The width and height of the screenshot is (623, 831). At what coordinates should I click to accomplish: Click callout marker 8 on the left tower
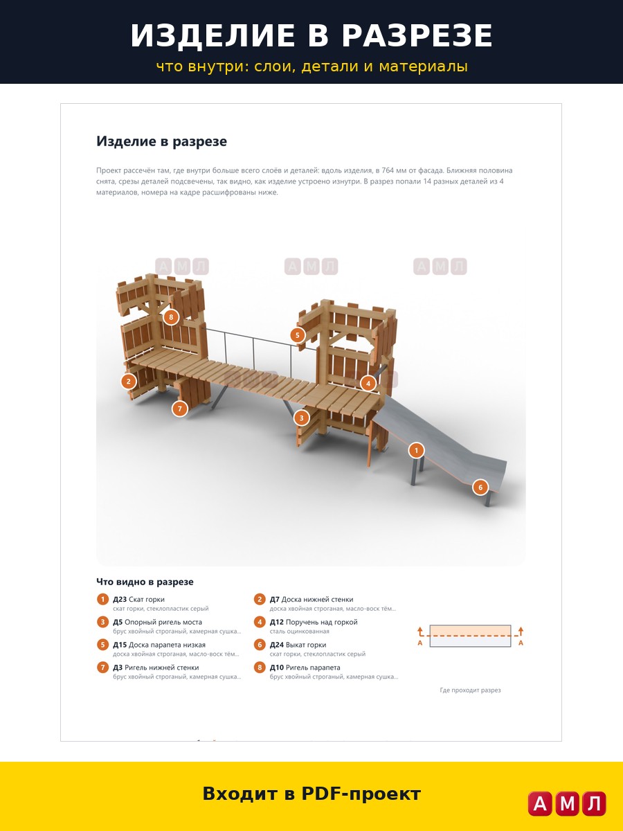[171, 317]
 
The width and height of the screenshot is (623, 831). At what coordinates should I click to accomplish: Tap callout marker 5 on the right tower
[298, 335]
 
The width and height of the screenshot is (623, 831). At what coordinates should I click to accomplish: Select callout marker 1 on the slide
[417, 450]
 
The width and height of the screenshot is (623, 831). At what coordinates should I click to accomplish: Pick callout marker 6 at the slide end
[480, 488]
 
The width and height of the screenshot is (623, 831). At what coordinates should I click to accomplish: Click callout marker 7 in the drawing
[180, 409]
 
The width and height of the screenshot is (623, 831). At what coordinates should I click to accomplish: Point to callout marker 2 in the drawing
[129, 382]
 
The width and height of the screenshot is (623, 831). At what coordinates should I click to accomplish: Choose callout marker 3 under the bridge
[302, 418]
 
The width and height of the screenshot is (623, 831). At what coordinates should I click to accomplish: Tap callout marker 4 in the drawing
[368, 384]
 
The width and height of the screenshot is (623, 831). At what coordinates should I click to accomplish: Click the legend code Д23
[120, 599]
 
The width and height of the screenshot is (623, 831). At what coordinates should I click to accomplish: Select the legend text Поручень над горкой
[321, 622]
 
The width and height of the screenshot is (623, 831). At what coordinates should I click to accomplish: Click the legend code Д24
[276, 645]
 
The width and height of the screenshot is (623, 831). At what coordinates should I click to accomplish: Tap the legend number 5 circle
[102, 644]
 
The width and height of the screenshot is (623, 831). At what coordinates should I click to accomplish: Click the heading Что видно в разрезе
[145, 582]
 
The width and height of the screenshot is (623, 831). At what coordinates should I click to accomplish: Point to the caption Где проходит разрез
[470, 690]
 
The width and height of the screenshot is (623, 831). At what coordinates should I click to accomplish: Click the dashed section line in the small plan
[470, 636]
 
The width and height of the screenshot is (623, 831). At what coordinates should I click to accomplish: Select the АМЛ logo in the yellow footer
[567, 803]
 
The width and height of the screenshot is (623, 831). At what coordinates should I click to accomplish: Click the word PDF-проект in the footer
[361, 794]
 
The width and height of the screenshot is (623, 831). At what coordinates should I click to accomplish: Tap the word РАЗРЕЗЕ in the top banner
[417, 35]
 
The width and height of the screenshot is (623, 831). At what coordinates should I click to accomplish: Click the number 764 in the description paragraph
[388, 170]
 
